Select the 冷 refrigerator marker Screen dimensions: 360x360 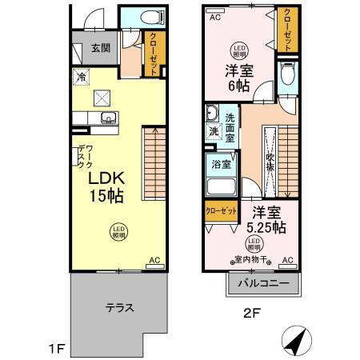click(x=82, y=77)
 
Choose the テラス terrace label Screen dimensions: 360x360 click(x=118, y=306)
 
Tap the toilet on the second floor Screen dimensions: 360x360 click(x=288, y=77)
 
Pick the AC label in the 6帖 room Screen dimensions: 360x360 click(x=214, y=16)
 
